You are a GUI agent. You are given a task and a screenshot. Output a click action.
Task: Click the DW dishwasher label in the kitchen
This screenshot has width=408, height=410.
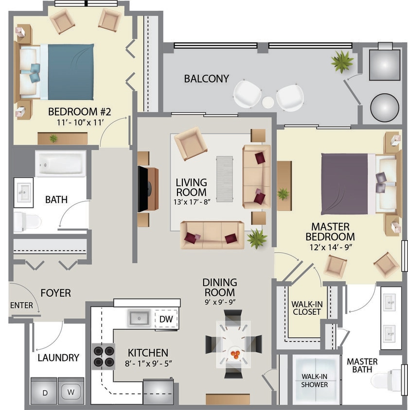166,319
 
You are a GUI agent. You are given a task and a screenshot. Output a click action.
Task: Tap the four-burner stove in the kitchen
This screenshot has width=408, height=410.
104,357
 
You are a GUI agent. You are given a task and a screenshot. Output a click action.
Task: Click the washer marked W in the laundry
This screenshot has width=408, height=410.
71,391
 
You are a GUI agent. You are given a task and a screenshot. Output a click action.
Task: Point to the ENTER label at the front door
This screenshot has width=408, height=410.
21,306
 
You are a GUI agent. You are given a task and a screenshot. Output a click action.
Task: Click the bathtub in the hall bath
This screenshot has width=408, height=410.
60,164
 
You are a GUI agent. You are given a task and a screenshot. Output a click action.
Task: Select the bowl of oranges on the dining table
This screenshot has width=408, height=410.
235,354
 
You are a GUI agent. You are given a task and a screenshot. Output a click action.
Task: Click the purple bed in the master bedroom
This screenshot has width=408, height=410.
346,184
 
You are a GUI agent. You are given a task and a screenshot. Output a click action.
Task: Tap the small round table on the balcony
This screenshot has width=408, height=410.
268,102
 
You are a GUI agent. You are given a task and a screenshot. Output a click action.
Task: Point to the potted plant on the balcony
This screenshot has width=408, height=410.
342,62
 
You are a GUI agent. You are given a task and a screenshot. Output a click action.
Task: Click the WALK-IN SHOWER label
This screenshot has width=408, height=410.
314,380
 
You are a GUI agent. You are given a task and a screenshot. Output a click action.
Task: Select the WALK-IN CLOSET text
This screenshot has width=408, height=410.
306,308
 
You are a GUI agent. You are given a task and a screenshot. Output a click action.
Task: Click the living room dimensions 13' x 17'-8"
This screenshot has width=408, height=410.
191,202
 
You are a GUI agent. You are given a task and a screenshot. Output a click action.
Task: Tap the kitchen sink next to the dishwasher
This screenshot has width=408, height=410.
139,319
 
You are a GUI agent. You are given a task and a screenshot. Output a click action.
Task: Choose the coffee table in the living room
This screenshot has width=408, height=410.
224,178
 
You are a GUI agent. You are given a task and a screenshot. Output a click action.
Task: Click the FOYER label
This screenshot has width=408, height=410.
55,293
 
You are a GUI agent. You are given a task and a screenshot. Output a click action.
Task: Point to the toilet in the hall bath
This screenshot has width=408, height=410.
26,222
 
